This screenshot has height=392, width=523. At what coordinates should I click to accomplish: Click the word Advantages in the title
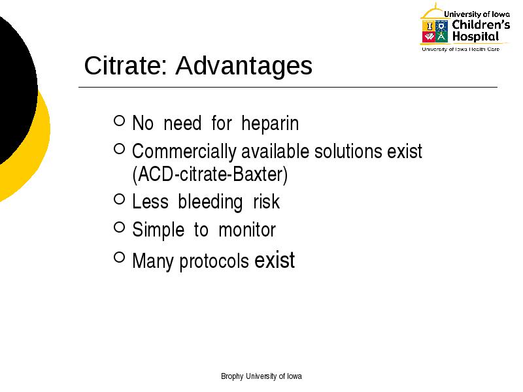coord(244,66)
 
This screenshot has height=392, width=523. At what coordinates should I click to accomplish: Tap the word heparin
coord(270,124)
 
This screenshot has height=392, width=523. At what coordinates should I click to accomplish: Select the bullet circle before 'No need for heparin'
coord(120,120)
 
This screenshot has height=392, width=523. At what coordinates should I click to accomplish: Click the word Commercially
coord(184,152)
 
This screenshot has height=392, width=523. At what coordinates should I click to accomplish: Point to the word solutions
coord(348,151)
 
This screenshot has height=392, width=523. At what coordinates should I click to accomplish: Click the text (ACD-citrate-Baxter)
coord(210,174)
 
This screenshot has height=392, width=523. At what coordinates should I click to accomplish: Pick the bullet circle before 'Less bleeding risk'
coord(120,199)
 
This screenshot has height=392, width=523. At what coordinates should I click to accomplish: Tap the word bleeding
coord(210,203)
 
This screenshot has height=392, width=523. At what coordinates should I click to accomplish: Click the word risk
coord(266,202)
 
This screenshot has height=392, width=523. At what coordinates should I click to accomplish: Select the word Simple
coord(158,231)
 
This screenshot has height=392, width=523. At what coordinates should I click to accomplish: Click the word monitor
coord(247,230)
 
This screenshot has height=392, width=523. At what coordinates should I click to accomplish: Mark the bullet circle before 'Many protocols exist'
coord(120,257)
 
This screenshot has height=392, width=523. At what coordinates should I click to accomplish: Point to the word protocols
coord(214,261)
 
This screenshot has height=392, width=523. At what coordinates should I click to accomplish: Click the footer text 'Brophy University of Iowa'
coord(261,376)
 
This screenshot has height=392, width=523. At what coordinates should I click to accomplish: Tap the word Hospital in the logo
coord(476,37)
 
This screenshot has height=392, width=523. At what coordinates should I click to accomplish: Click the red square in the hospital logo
coord(428,37)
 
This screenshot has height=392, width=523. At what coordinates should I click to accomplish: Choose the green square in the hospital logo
coord(441,37)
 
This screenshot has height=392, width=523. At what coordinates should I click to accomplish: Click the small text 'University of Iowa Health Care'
coord(461,50)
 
